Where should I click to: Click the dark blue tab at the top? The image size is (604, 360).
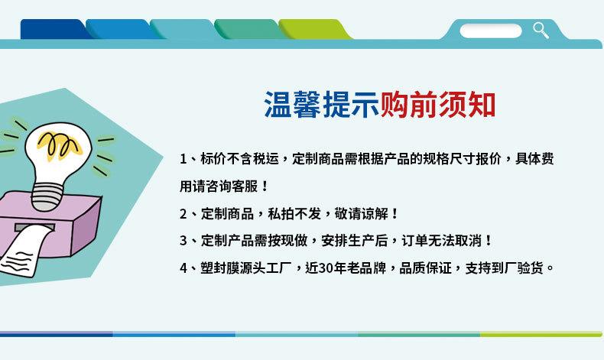point(54,29)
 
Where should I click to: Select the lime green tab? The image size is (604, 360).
point(314,29)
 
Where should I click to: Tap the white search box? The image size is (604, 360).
point(491,31)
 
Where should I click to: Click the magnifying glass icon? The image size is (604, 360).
point(541,31)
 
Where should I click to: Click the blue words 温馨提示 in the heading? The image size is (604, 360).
point(322,105)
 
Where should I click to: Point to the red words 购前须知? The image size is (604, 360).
point(437,105)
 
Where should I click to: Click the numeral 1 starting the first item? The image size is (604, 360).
point(183,159)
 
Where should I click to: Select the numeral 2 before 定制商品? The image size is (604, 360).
point(183,214)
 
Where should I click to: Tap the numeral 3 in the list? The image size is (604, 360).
point(183,241)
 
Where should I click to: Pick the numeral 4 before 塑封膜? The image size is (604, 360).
point(183,268)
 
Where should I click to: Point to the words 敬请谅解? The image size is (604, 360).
point(361,214)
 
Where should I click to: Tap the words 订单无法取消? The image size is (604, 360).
point(442,241)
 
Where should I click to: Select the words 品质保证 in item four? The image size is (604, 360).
point(425,268)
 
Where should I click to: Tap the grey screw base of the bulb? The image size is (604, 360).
point(46,196)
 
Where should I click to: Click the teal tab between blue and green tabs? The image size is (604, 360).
point(183,29)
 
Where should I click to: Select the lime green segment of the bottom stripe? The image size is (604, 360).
point(541,334)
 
